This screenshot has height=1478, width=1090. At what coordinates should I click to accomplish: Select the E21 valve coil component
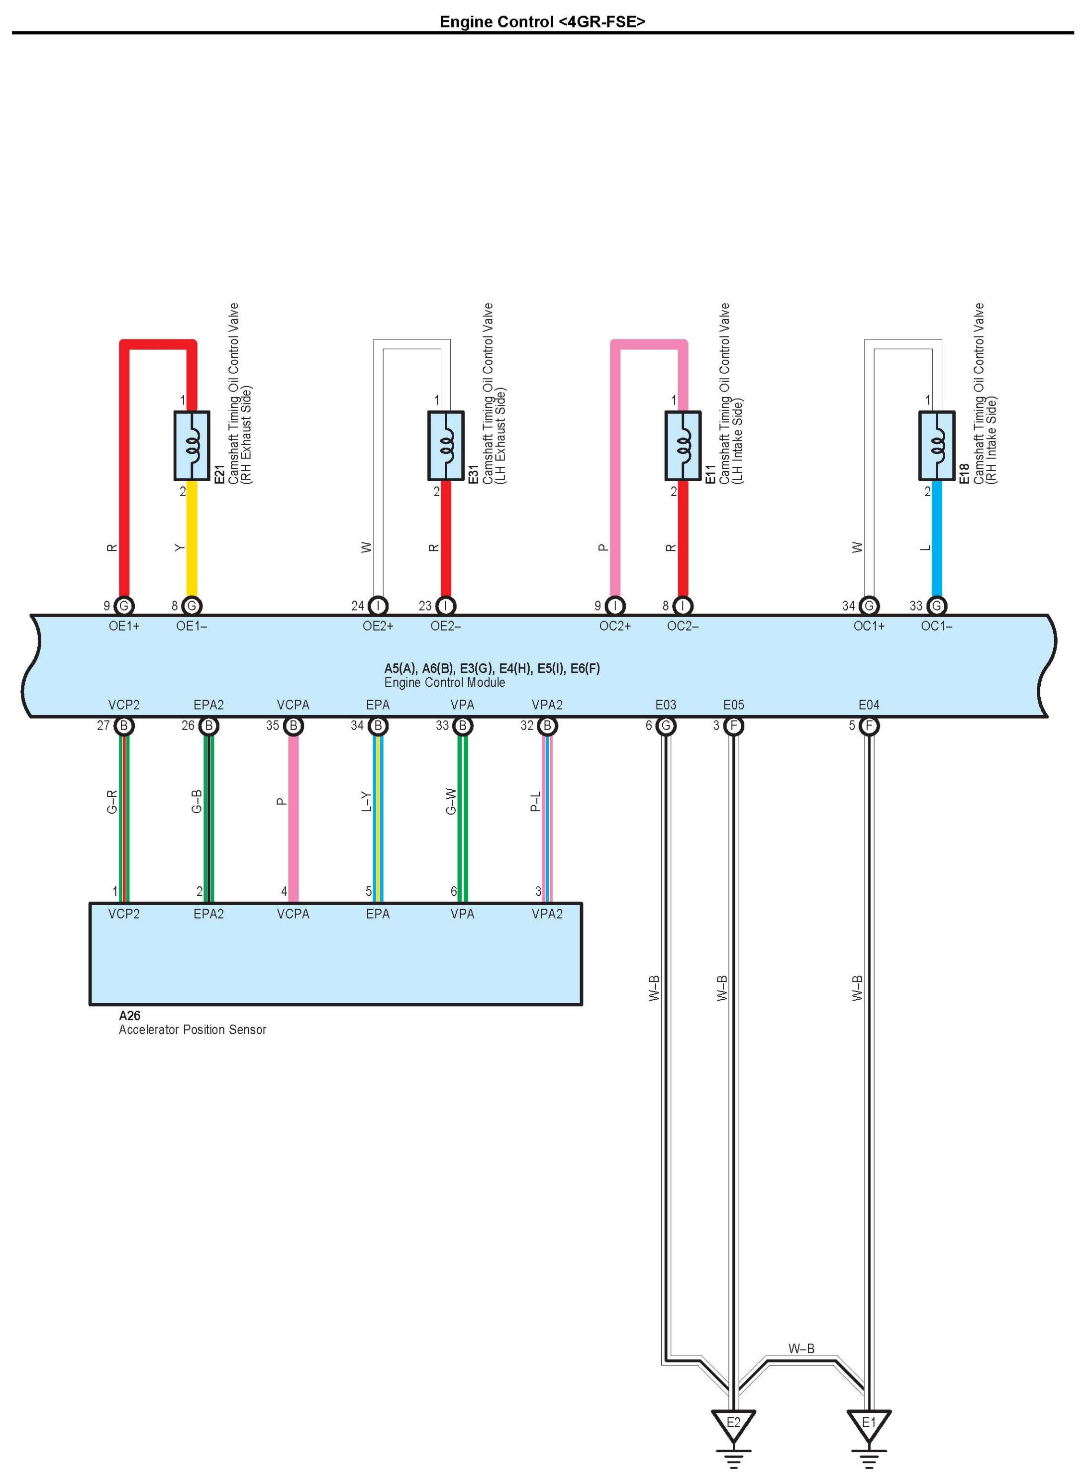pos(192,445)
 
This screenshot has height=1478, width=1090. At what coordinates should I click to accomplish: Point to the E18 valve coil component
pos(936,445)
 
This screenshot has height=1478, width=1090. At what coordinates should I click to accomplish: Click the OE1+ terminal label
pos(124,626)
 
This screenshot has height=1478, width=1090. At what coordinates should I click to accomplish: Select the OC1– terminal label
pos(936,626)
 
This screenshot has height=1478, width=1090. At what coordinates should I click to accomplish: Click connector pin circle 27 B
pos(124,726)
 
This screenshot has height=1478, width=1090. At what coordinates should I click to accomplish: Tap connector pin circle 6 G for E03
pos(666,726)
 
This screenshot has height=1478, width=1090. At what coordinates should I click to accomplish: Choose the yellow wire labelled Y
pos(192,541)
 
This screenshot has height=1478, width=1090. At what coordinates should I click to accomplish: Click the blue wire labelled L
pos(936,541)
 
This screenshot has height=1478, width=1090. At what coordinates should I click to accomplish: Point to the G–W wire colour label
pos(451,801)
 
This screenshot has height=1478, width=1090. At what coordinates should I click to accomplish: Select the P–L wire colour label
pos(536,801)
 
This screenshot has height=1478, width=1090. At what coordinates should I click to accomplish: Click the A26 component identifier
pos(129,1016)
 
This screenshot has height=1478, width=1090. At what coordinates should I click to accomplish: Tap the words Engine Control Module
pos(444,682)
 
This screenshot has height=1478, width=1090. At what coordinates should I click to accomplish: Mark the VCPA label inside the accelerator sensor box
pos(293,914)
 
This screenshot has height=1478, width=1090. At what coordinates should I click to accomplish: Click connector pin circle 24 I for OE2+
pos(378,605)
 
